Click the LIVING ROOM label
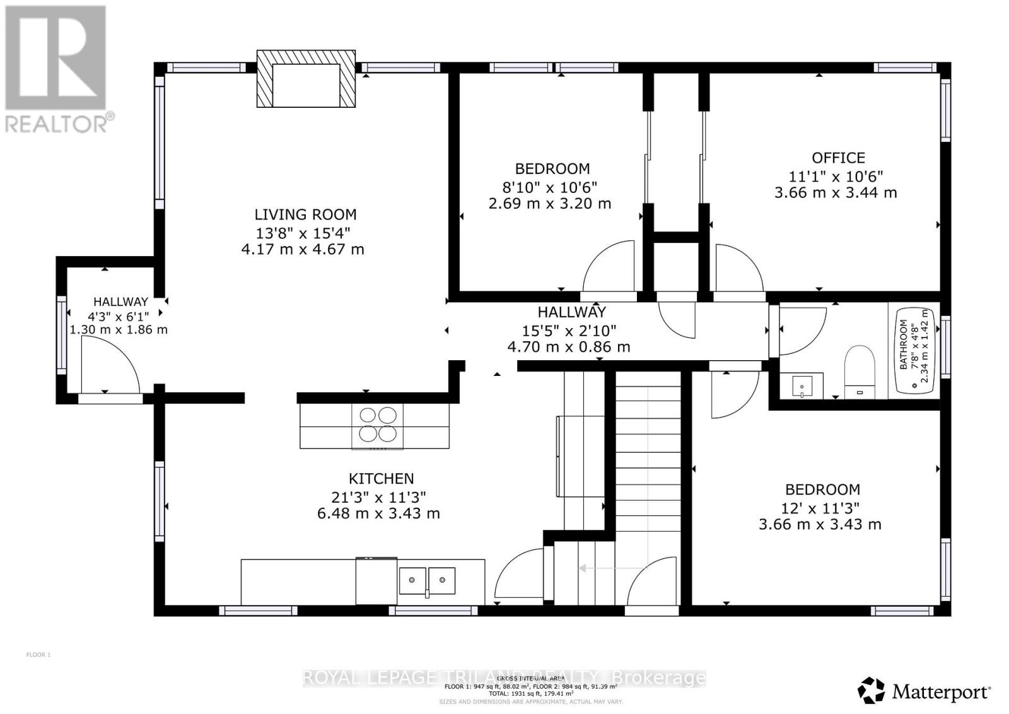pos(305,214)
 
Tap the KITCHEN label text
pos(381,479)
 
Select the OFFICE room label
pos(838,158)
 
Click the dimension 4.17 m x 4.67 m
pos(303,249)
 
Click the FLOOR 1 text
pos(38,655)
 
